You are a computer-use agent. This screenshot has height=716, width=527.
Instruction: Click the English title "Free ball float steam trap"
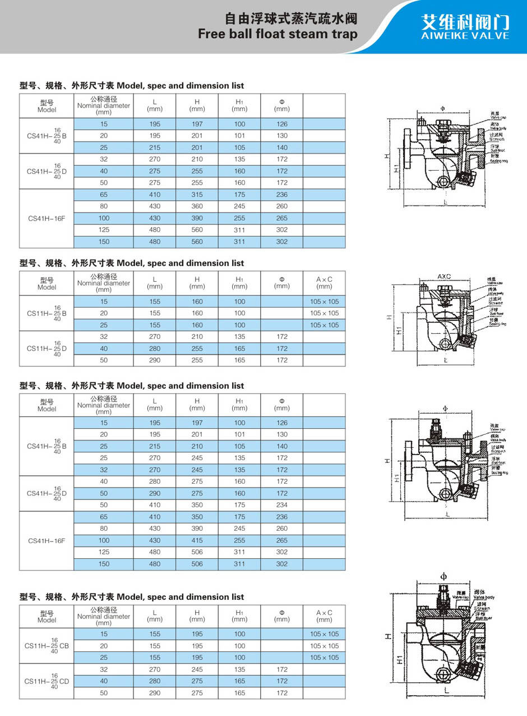278,35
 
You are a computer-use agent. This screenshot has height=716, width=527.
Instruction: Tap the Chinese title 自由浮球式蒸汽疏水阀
291,19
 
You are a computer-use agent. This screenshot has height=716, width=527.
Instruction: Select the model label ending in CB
47,646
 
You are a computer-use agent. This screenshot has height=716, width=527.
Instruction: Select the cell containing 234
282,505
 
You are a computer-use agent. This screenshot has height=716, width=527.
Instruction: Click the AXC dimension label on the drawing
444,276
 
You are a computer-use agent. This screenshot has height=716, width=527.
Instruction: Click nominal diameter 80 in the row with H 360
104,206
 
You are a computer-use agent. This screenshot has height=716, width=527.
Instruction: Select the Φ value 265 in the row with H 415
282,540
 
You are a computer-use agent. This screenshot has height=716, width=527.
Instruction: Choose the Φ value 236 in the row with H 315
282,195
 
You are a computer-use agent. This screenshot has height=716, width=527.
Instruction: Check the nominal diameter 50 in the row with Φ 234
104,505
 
